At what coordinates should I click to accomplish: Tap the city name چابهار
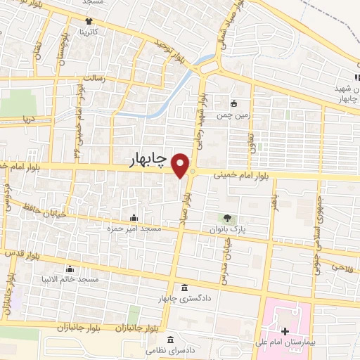click(149, 161)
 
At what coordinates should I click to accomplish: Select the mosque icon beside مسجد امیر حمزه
click(134, 217)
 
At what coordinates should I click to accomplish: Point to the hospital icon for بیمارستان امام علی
click(284, 331)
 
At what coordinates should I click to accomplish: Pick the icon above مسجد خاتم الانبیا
click(69, 269)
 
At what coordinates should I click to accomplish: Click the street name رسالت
click(94, 79)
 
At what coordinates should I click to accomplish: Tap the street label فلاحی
click(340, 267)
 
